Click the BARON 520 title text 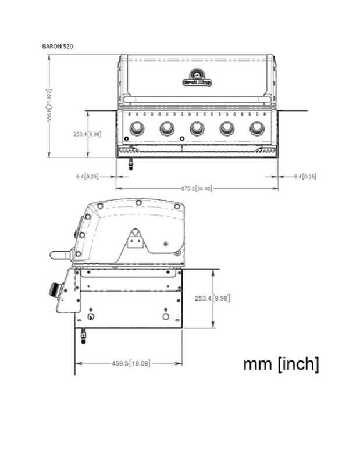point(59,45)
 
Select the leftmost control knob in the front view point(137,128)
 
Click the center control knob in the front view point(197,128)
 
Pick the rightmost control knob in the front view point(257,128)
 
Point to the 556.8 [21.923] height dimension point(51,106)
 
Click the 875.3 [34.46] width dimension point(195,188)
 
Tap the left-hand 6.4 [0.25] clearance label point(87,176)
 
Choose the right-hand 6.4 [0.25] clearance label point(305,176)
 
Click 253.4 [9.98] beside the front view point(87,134)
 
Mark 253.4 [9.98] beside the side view point(212,298)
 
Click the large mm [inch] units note point(281,364)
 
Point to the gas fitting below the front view point(131,164)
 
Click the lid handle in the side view point(60,254)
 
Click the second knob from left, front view point(167,128)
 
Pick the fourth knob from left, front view point(227,128)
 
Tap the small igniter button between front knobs point(182,139)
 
